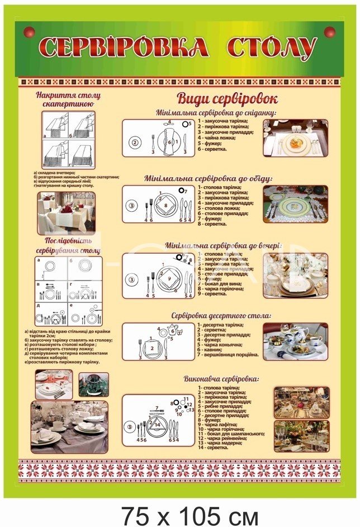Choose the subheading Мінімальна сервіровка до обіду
click(209, 179)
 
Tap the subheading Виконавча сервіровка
click(220, 378)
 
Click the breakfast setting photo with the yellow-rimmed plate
click(295, 137)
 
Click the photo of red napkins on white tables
click(65, 212)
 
